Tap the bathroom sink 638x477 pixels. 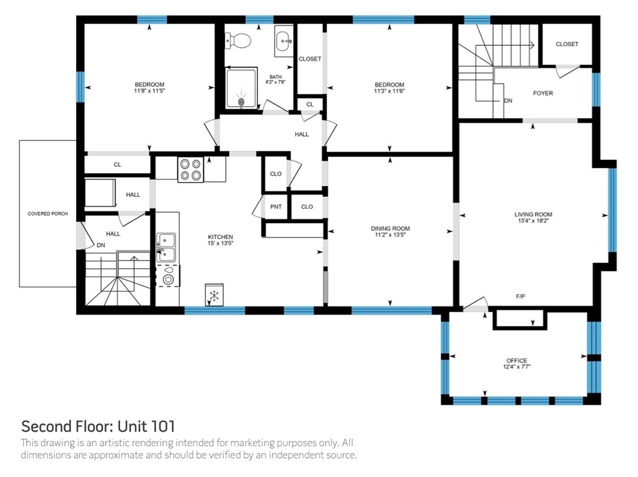tap(284, 41)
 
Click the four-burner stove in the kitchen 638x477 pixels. tap(191, 169)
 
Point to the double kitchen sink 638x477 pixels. tap(166, 247)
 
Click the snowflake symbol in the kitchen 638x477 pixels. tap(215, 295)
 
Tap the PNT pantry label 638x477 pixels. tap(276, 207)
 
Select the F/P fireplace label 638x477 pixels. tap(520, 296)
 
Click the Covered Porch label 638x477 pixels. tap(48, 214)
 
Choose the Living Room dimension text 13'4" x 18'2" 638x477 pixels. tap(534, 221)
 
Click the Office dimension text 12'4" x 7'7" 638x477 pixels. tap(517, 367)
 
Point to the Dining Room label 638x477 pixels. tap(390, 228)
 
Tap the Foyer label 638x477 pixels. tap(543, 93)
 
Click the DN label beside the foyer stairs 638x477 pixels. tap(508, 101)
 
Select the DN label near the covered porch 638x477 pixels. tap(101, 245)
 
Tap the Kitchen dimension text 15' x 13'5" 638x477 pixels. tap(220, 244)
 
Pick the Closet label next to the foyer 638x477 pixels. tap(567, 44)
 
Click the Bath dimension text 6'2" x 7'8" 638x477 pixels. tap(276, 82)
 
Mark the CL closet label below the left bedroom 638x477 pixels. tap(117, 164)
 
